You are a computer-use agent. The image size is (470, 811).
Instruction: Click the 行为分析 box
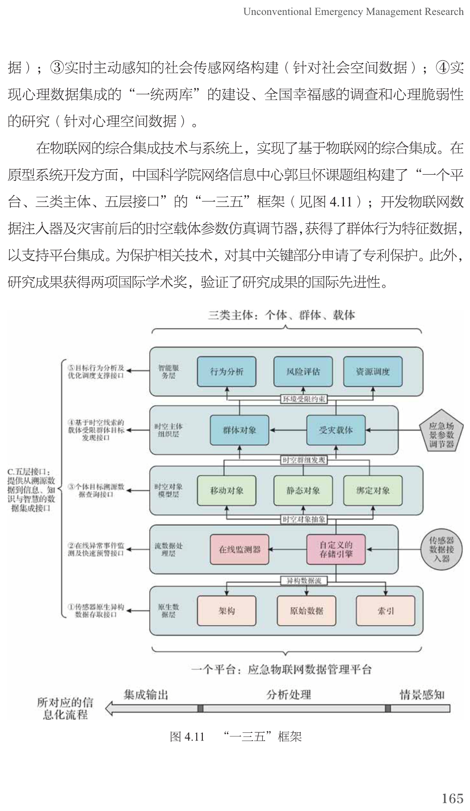click(227, 371)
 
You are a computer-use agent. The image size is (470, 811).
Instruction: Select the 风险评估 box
click(303, 371)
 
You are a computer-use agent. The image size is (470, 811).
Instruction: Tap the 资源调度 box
click(372, 371)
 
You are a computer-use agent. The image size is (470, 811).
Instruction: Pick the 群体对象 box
click(239, 430)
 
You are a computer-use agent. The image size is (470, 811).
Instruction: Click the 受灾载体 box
click(336, 430)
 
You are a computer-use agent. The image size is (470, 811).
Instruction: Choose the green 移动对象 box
click(227, 491)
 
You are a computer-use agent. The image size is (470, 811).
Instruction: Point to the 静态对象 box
click(303, 491)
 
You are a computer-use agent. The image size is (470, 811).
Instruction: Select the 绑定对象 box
click(372, 491)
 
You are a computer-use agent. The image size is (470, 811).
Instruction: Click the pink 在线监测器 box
click(239, 550)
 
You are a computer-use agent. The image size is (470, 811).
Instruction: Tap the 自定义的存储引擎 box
click(336, 550)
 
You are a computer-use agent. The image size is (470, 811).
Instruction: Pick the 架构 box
click(227, 611)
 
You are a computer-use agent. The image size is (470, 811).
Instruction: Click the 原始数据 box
click(306, 611)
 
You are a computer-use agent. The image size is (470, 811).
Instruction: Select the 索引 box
click(385, 611)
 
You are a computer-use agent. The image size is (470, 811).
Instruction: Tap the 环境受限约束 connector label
click(304, 399)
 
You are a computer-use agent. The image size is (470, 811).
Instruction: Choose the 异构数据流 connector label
click(304, 580)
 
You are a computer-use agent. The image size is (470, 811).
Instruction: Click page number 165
click(452, 785)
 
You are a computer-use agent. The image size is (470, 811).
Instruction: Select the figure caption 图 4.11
click(187, 737)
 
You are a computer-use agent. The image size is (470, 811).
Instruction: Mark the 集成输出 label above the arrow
click(145, 695)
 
